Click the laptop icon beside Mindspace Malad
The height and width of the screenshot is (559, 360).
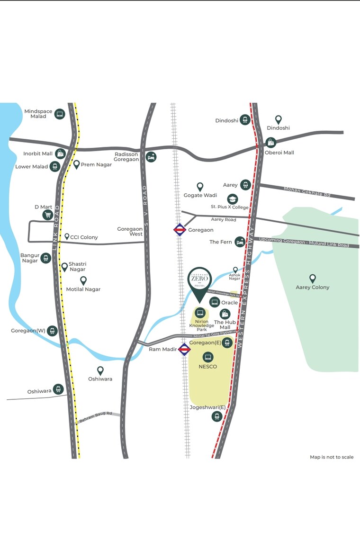[x=60, y=114]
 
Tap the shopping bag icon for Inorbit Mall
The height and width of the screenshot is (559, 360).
[x=60, y=153]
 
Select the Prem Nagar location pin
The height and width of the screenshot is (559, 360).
[x=76, y=164]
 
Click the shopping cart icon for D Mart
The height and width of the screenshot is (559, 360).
[x=47, y=215]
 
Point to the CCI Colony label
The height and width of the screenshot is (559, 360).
[x=84, y=237]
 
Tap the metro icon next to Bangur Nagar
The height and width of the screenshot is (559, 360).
[x=45, y=258]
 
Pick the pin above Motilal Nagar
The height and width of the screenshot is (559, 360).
[x=83, y=280]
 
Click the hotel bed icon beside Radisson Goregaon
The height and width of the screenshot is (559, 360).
[x=151, y=157]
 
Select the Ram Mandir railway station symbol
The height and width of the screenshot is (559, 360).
[x=184, y=350]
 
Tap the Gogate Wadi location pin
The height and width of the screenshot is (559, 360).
[x=200, y=187]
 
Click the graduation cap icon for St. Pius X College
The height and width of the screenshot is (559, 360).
[x=232, y=199]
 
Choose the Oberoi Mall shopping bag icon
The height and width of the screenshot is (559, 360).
[x=270, y=143]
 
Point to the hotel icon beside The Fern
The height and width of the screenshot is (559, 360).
[x=240, y=242]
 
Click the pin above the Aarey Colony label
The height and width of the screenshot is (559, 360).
[x=312, y=279]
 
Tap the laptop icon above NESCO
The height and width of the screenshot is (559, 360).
[x=207, y=357]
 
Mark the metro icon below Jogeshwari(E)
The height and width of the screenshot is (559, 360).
[x=217, y=416]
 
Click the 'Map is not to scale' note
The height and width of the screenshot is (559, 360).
[x=332, y=457]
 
